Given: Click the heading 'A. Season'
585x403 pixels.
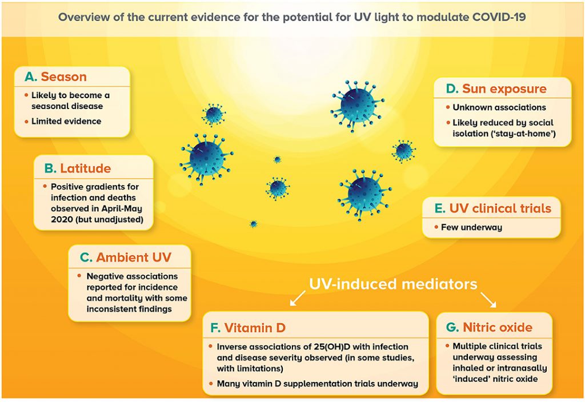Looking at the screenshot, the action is click(55, 76).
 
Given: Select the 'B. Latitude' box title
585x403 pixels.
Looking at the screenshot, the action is click(78, 168).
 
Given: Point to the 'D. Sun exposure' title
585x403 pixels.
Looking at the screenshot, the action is click(496, 88).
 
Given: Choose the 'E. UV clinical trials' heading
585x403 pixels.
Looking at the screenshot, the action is click(493, 208).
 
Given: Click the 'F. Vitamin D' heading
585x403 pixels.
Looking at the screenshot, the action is click(248, 328).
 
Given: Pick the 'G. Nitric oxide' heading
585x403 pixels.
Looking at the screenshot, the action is click(489, 327).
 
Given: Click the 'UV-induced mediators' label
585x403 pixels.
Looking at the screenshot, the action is click(393, 284).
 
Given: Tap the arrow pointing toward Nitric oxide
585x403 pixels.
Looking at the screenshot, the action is click(488, 300).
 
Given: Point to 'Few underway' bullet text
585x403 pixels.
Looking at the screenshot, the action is click(471, 227).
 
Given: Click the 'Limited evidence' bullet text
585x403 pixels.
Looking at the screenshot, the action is click(66, 121).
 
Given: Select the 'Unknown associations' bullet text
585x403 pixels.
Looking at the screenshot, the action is click(499, 107).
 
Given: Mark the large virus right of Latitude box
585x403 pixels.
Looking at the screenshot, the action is click(206, 159).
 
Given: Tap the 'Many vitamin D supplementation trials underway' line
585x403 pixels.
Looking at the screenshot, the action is click(318, 384).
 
